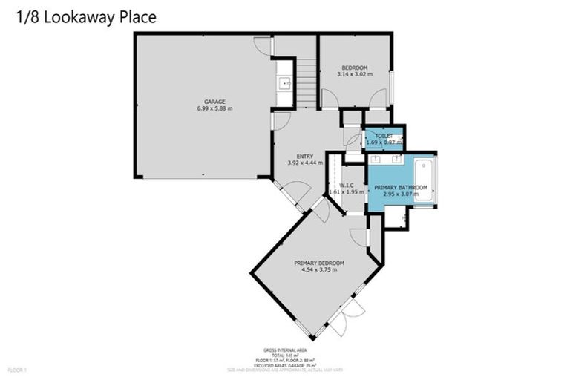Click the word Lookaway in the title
coord(79,17)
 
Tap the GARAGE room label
coord(214,102)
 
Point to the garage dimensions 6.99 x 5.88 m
coord(214,108)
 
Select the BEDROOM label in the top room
coord(354,68)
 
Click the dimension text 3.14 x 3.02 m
coord(354,74)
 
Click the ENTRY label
coord(305,156)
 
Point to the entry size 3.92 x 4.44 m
coord(305,163)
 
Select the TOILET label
coord(384,136)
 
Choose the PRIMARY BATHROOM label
coord(401,187)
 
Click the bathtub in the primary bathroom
coord(425,180)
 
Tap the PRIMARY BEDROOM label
coord(319,263)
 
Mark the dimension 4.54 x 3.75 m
coord(319,270)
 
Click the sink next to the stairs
coord(284,83)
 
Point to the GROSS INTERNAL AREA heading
coord(285,349)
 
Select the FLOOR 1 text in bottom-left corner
coord(16,369)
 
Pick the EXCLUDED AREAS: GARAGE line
coord(285,364)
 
